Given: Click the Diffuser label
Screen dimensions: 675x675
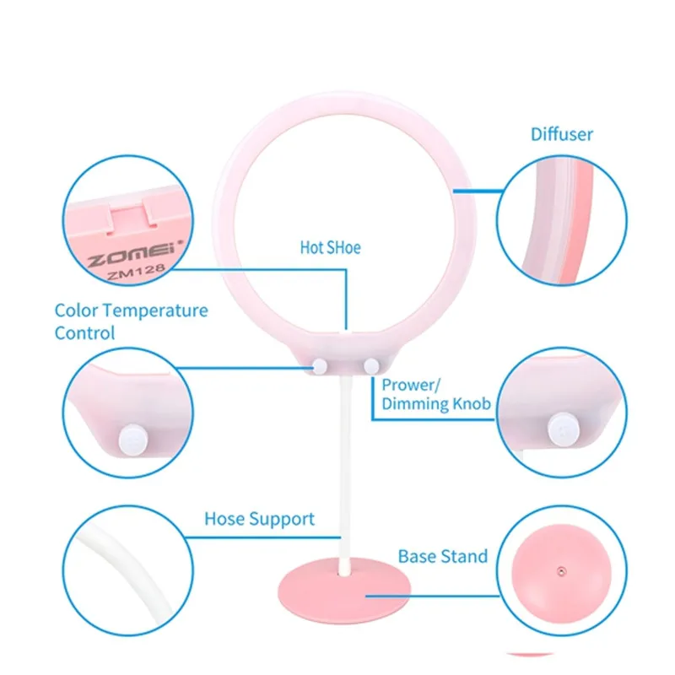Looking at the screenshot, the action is pos(561,134).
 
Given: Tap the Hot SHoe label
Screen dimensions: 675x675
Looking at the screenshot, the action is pos(330,247).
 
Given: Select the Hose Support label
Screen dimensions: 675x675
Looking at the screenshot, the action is pos(259,519).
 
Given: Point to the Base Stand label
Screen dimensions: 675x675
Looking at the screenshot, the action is pos(442,556).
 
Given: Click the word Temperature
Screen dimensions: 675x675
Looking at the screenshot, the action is pos(155,310).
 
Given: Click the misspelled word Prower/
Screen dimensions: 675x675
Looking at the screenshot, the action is pos(411,385).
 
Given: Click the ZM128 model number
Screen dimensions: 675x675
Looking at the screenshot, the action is pos(136,272).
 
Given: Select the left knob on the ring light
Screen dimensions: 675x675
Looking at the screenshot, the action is pos(320,367).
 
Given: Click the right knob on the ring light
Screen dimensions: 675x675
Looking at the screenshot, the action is pos(371,367).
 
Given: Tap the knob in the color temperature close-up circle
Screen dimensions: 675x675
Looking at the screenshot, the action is pos(133,440).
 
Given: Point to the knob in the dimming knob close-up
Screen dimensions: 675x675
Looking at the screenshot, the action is pos(563,429).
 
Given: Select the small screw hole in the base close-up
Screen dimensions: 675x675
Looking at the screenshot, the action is pos(561,572).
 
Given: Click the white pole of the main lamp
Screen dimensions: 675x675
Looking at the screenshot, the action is pos(345,473).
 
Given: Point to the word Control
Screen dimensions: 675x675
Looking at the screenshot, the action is pos(85,333).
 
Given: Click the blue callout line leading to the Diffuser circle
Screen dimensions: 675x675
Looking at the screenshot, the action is pos(478,191).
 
